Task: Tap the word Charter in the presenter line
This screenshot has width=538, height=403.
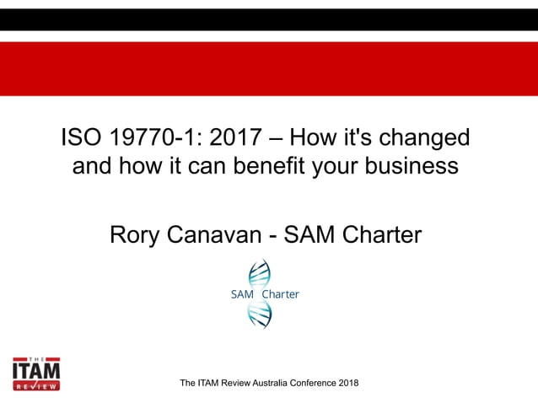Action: click(x=377, y=234)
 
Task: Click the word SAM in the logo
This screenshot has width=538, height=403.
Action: click(x=242, y=294)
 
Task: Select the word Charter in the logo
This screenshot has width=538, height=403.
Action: click(x=281, y=294)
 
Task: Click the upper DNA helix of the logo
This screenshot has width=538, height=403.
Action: click(x=259, y=273)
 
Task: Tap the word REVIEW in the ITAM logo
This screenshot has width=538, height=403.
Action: click(x=36, y=385)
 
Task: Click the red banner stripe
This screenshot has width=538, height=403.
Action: click(x=269, y=68)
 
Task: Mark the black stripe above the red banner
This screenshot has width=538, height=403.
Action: click(x=269, y=19)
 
